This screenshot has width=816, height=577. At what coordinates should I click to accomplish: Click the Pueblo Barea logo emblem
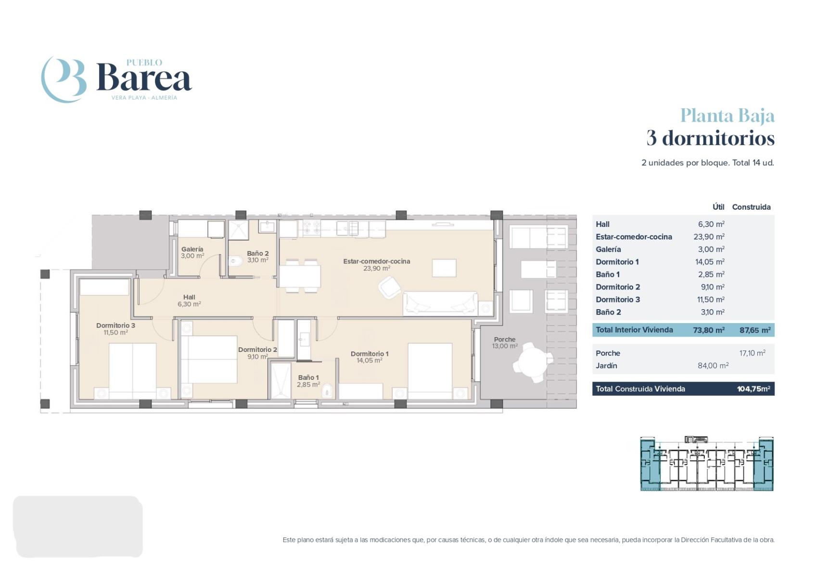tap(64, 79)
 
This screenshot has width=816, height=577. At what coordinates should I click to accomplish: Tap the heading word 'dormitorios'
tap(718, 138)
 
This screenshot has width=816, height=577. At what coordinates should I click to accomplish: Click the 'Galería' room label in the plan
tap(192, 250)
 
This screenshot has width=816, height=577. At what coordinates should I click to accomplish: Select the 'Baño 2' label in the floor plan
tap(258, 253)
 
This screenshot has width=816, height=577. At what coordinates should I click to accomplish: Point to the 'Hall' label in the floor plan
tap(189, 297)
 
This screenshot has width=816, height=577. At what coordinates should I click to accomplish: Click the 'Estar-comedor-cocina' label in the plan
tap(377, 262)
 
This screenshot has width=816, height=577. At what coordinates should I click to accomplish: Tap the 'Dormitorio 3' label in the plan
tap(115, 326)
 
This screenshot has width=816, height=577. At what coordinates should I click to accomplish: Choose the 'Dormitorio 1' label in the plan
tap(370, 354)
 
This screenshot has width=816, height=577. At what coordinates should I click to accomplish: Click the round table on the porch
tap(533, 362)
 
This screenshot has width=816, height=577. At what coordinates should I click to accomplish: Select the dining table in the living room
tap(300, 276)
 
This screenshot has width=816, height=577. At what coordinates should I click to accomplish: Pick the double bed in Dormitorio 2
tap(209, 359)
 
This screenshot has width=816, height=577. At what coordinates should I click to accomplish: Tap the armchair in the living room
tap(389, 288)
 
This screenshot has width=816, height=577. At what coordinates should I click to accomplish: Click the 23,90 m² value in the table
tap(709, 237)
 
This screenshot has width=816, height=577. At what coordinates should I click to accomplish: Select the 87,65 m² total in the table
tap(755, 330)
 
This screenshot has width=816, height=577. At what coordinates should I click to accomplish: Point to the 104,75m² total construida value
tap(753, 389)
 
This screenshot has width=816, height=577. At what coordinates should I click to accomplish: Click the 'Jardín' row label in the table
tap(606, 366)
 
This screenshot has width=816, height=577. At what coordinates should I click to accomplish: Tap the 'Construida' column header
tap(751, 207)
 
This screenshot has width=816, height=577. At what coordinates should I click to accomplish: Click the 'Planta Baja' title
tap(727, 116)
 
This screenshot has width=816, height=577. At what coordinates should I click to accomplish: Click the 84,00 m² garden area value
tap(713, 365)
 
